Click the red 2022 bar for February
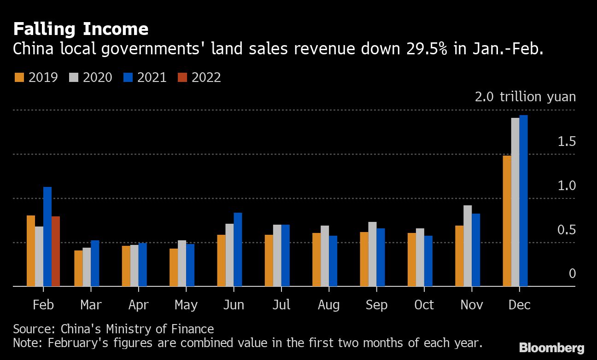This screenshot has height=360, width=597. tap(56, 251)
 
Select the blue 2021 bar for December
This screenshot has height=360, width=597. tap(523, 201)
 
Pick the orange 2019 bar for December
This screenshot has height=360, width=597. tap(507, 221)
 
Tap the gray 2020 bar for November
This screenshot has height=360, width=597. tap(468, 246)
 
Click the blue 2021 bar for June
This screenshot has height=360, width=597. tap(238, 250)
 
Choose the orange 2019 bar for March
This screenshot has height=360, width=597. tap(78, 268)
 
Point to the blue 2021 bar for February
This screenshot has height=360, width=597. tap(47, 237)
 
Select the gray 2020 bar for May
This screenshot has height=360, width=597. tap(182, 263)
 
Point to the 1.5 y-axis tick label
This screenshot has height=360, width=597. tap(567, 141)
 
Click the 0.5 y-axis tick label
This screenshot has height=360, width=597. tap(567, 229)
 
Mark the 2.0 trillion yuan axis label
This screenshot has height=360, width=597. tap(525, 97)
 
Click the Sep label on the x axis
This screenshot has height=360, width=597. tap(376, 305)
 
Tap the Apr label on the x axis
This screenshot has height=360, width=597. tap(138, 305)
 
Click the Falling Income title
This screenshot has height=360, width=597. tap(81, 29)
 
